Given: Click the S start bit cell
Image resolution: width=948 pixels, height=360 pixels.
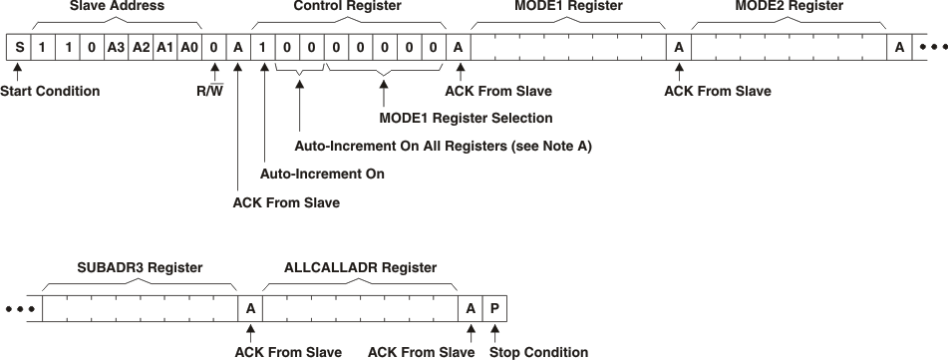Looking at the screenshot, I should (x=18, y=47).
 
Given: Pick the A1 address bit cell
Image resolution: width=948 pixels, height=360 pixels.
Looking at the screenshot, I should (x=164, y=47).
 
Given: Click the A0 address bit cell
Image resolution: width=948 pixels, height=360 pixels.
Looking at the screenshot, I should (x=189, y=47).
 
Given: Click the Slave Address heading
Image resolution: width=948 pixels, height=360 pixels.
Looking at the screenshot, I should (x=116, y=7).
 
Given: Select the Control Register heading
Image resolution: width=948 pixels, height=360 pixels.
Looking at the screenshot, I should (x=346, y=7).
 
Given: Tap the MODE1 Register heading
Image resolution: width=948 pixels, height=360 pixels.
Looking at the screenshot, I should (x=568, y=7).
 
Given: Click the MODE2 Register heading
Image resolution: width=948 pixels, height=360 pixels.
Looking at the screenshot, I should (x=789, y=7).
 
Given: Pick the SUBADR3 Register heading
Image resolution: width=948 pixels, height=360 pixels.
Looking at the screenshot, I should (x=140, y=268).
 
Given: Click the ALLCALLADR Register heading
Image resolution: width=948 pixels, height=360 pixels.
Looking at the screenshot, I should (x=360, y=268).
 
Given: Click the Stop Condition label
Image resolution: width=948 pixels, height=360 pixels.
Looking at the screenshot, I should (x=538, y=352).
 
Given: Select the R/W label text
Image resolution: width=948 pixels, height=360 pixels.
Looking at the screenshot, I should (x=213, y=92).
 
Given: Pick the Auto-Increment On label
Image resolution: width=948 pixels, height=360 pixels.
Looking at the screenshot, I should (x=322, y=175).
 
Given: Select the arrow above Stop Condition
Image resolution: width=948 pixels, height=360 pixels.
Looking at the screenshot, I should (x=495, y=331).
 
